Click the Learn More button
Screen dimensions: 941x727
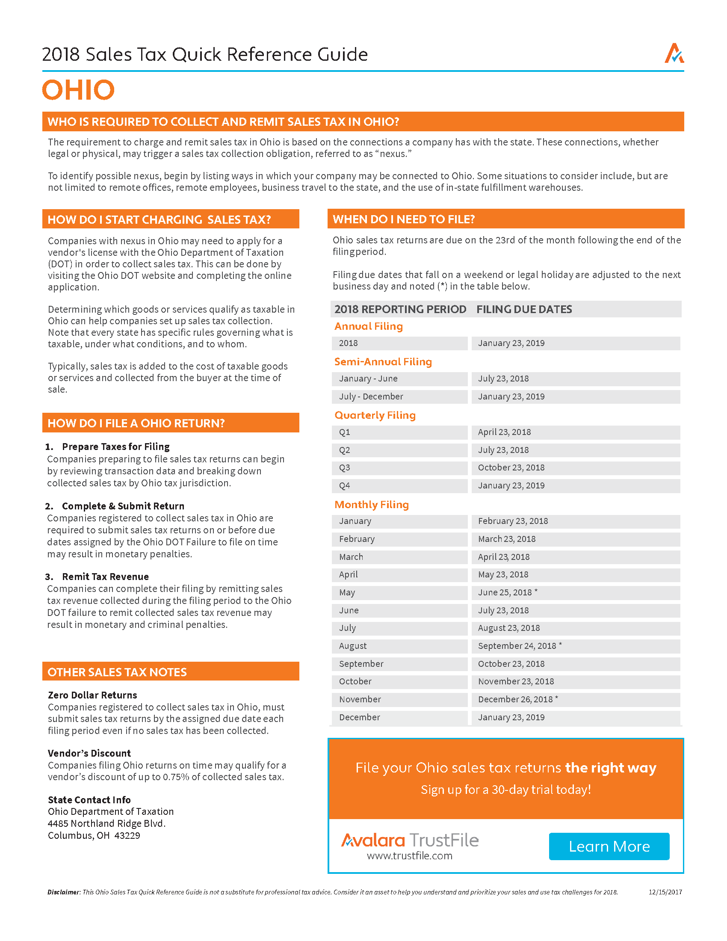pyautogui.click(x=609, y=846)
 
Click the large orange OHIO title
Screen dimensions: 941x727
pyautogui.click(x=78, y=90)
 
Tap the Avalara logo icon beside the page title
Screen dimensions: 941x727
pyautogui.click(x=674, y=53)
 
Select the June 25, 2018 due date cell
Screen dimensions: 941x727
pyautogui.click(x=507, y=592)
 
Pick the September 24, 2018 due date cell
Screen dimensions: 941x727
pyautogui.click(x=520, y=646)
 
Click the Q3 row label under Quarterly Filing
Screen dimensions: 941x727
pyautogui.click(x=345, y=468)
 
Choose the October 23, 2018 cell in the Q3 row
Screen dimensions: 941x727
pyautogui.click(x=511, y=468)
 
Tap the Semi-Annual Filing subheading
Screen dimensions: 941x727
pyautogui.click(x=383, y=361)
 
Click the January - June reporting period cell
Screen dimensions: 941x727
pyautogui.click(x=368, y=379)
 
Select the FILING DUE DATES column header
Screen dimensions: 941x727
pyautogui.click(x=524, y=309)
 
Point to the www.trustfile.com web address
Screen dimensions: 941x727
pyautogui.click(x=410, y=856)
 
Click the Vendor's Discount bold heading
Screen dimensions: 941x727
pyautogui.click(x=89, y=753)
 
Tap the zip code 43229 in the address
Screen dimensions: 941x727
pyautogui.click(x=127, y=835)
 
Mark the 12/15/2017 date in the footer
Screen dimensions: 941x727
pyautogui.click(x=665, y=892)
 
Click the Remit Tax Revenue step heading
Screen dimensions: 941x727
pyautogui.click(x=105, y=577)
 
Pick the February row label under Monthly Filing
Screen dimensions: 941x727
pyautogui.click(x=357, y=539)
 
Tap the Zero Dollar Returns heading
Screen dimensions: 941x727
pyautogui.click(x=92, y=695)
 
